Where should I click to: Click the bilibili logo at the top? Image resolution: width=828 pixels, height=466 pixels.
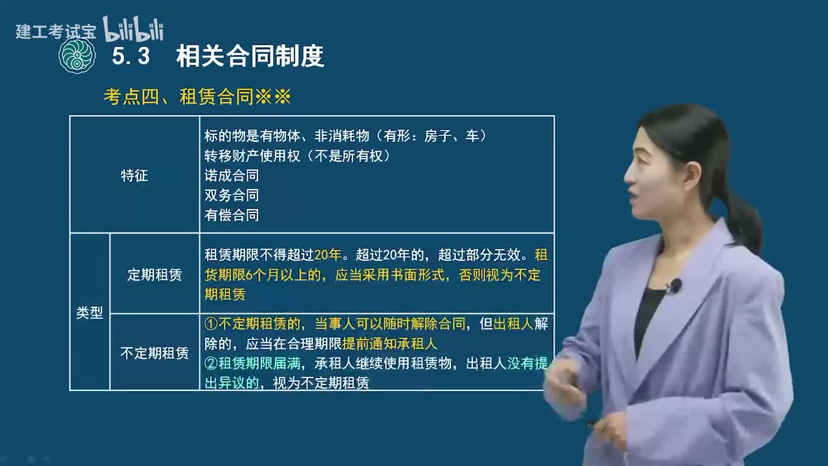click(x=133, y=30)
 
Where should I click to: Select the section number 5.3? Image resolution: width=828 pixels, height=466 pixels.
click(x=131, y=57)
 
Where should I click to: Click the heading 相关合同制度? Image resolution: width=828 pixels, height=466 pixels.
click(x=250, y=57)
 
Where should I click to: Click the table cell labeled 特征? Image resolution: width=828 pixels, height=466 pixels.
click(x=135, y=175)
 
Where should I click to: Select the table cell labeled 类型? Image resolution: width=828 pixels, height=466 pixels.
click(x=90, y=313)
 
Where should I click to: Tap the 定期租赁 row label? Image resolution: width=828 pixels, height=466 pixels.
click(x=155, y=274)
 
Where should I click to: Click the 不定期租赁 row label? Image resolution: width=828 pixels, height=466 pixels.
click(x=155, y=353)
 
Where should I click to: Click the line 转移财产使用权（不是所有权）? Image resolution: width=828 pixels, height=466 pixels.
click(x=298, y=156)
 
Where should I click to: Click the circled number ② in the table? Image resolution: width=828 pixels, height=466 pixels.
click(x=211, y=363)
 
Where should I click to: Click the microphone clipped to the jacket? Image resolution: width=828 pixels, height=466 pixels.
click(x=674, y=285)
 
